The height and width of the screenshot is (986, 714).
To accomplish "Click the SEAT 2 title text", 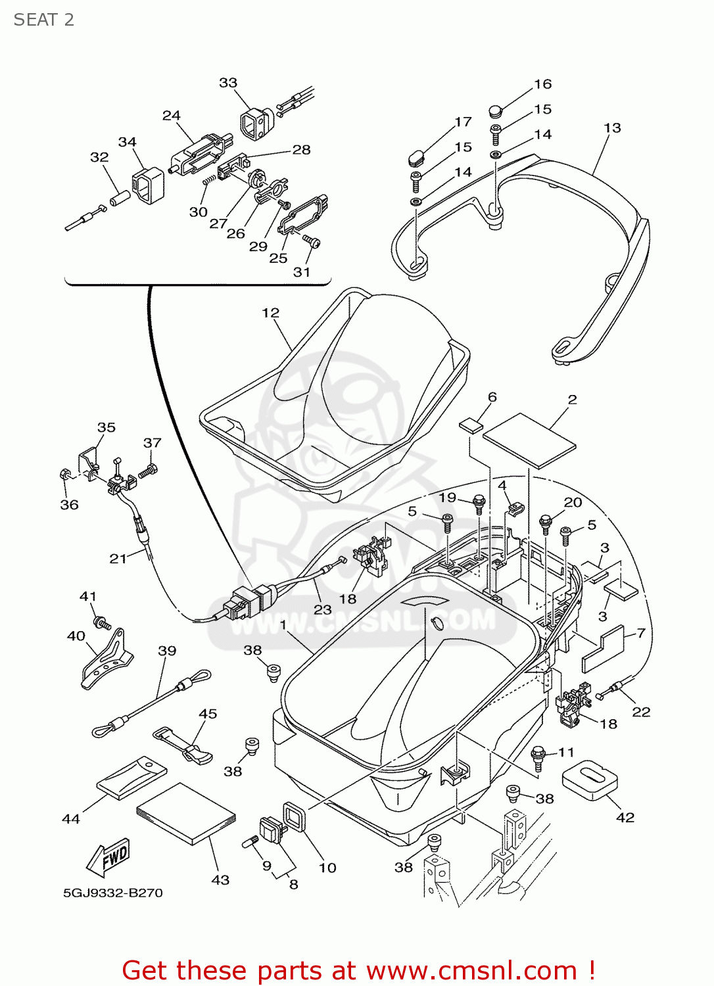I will point(44,20).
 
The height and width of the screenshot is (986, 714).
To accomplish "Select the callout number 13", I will point(612,128).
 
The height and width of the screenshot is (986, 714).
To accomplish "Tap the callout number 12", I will point(270,313).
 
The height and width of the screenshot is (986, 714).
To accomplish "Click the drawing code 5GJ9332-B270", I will point(113,893).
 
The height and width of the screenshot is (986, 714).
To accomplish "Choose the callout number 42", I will point(625,817).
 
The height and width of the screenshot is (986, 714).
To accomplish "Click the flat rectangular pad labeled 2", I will point(529,440).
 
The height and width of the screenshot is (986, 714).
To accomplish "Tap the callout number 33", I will point(228,83).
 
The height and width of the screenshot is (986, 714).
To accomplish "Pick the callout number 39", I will point(167,651).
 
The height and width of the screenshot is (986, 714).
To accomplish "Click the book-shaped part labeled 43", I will point(186,814).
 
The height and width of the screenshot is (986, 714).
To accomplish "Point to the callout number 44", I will point(71,818).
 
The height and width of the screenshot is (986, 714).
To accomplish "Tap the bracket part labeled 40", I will point(107,660).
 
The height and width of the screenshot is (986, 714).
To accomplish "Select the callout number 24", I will point(172,116).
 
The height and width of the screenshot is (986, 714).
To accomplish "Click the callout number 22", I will point(641,712).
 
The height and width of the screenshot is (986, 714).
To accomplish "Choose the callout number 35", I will point(107,427).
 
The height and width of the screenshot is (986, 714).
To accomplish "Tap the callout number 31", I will point(302,271).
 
